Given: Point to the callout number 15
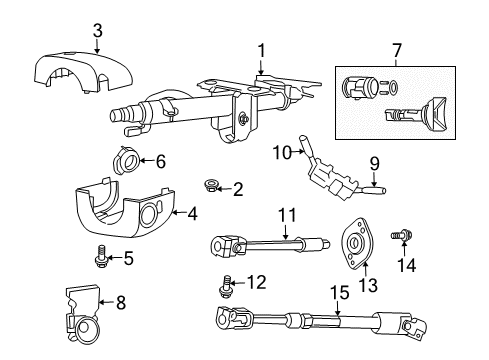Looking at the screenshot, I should pos(335,292).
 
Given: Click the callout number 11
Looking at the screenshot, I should pos(288,214).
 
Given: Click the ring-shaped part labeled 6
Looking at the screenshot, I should pos(129,160).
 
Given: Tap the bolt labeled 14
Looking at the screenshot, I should pos(401,240).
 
